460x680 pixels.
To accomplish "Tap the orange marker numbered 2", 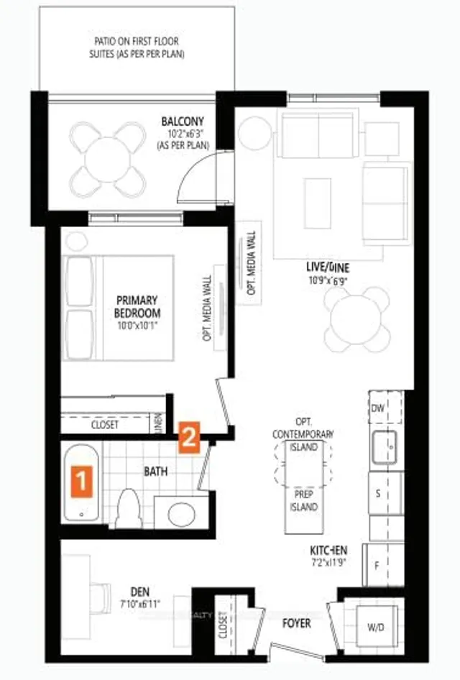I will point(188,438).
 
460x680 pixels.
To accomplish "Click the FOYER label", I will point(296,622).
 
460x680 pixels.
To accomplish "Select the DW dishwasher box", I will point(379,408).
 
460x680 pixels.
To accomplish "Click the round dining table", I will point(359,319).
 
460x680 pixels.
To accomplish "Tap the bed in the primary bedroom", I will point(119,308).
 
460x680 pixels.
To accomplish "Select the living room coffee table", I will point(318,199).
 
